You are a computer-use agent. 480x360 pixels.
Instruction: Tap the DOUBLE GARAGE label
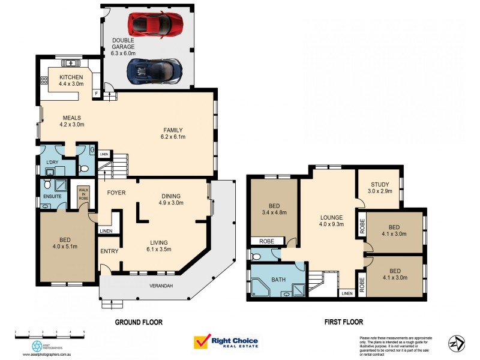point(124,47)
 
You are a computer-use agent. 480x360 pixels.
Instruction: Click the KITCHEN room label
point(70,80)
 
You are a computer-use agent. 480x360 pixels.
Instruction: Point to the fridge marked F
point(96,94)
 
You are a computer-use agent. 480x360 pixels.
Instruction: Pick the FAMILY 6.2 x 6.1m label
point(175,133)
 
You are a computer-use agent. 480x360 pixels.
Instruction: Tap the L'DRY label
point(53,163)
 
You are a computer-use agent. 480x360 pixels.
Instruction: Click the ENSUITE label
point(51,195)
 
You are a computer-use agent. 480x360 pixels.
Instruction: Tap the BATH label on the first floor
point(279,279)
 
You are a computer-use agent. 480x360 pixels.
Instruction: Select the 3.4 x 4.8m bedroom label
point(274,208)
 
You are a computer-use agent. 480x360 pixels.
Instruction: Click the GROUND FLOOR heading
point(139,322)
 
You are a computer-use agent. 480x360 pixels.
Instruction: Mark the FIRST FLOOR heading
point(344,322)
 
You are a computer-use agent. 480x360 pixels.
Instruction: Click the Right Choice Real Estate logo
point(226,342)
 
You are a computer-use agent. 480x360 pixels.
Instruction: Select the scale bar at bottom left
point(50,332)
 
